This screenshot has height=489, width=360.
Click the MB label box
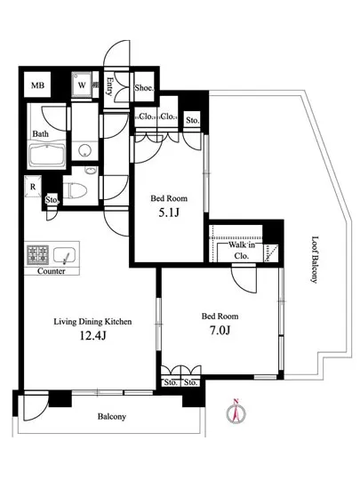[x=37, y=85]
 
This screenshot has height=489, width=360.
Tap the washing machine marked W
[x=82, y=84]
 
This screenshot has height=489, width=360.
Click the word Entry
[x=109, y=86]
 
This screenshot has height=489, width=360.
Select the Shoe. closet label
[x=144, y=88]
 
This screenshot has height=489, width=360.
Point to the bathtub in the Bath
[x=47, y=155]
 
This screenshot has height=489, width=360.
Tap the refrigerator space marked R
[x=33, y=187]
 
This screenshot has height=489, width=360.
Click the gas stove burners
[x=37, y=255]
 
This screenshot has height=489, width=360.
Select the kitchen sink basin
[x=64, y=256]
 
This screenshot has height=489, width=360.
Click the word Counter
[x=52, y=271]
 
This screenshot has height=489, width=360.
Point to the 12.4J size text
[x=92, y=335]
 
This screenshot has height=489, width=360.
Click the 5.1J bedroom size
[x=169, y=212]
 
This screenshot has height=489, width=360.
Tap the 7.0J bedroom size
[x=220, y=330]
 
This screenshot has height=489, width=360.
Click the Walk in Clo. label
[x=242, y=251]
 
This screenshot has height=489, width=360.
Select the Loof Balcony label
[x=315, y=260]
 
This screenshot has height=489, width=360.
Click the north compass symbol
[x=236, y=412]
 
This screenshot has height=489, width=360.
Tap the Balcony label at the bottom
[x=112, y=416]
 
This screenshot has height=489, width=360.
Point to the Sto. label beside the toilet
[x=52, y=200]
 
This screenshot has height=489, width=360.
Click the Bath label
[x=41, y=133]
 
